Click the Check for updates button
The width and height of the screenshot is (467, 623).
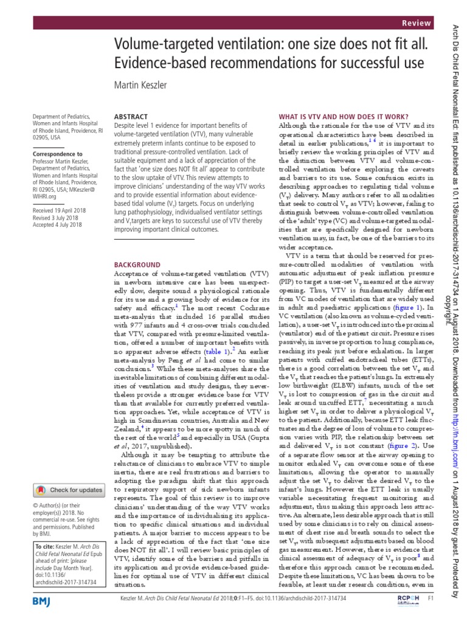click(x=67, y=489)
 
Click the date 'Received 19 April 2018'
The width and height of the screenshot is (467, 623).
click(x=60, y=210)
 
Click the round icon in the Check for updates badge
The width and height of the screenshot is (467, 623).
click(x=41, y=489)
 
